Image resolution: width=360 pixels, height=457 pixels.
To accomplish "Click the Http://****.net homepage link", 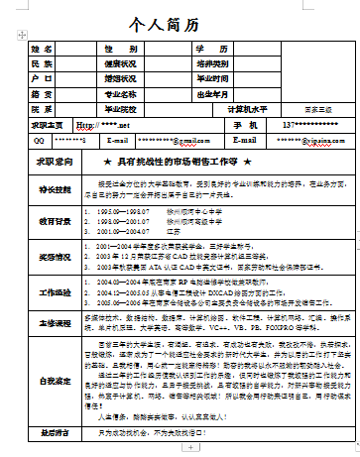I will pyautogui.click(x=103, y=127).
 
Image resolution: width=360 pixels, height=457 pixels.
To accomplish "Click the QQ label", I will pyautogui.click(x=39, y=142).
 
